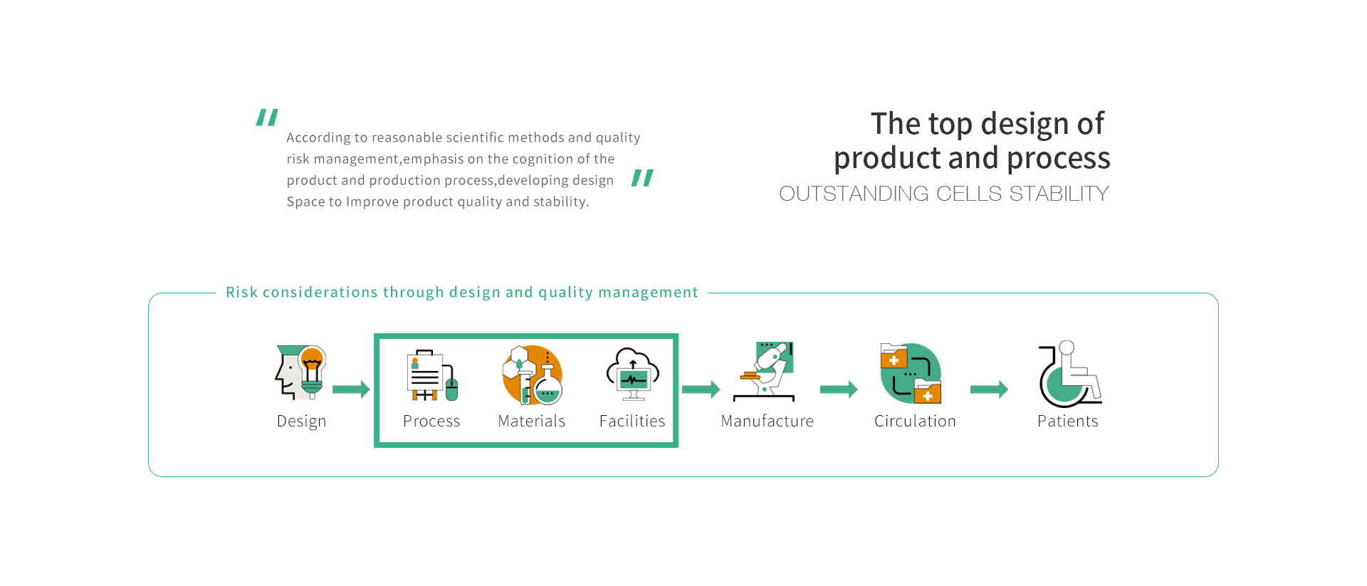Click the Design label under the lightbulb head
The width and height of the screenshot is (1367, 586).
301,422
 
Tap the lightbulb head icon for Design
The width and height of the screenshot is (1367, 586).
300,372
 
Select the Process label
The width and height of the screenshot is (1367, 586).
431,421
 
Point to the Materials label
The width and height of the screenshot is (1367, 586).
532,421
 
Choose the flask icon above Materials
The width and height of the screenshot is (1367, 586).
533,375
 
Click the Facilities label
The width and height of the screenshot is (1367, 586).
632,421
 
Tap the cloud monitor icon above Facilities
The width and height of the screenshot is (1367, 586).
633,374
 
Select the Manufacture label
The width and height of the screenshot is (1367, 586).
768,421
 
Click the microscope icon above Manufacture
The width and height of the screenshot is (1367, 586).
764,372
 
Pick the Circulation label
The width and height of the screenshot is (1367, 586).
915,421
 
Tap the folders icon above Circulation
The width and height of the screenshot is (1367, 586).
911,373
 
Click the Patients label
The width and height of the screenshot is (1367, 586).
1067,421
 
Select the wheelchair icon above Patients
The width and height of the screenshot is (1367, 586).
1069,373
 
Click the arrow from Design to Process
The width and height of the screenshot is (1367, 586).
351,389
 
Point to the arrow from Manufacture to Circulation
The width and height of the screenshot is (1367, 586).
839,389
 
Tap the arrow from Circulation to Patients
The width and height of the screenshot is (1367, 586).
989,389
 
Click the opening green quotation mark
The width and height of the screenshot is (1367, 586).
267,117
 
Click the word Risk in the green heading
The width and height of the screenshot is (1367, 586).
241,292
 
